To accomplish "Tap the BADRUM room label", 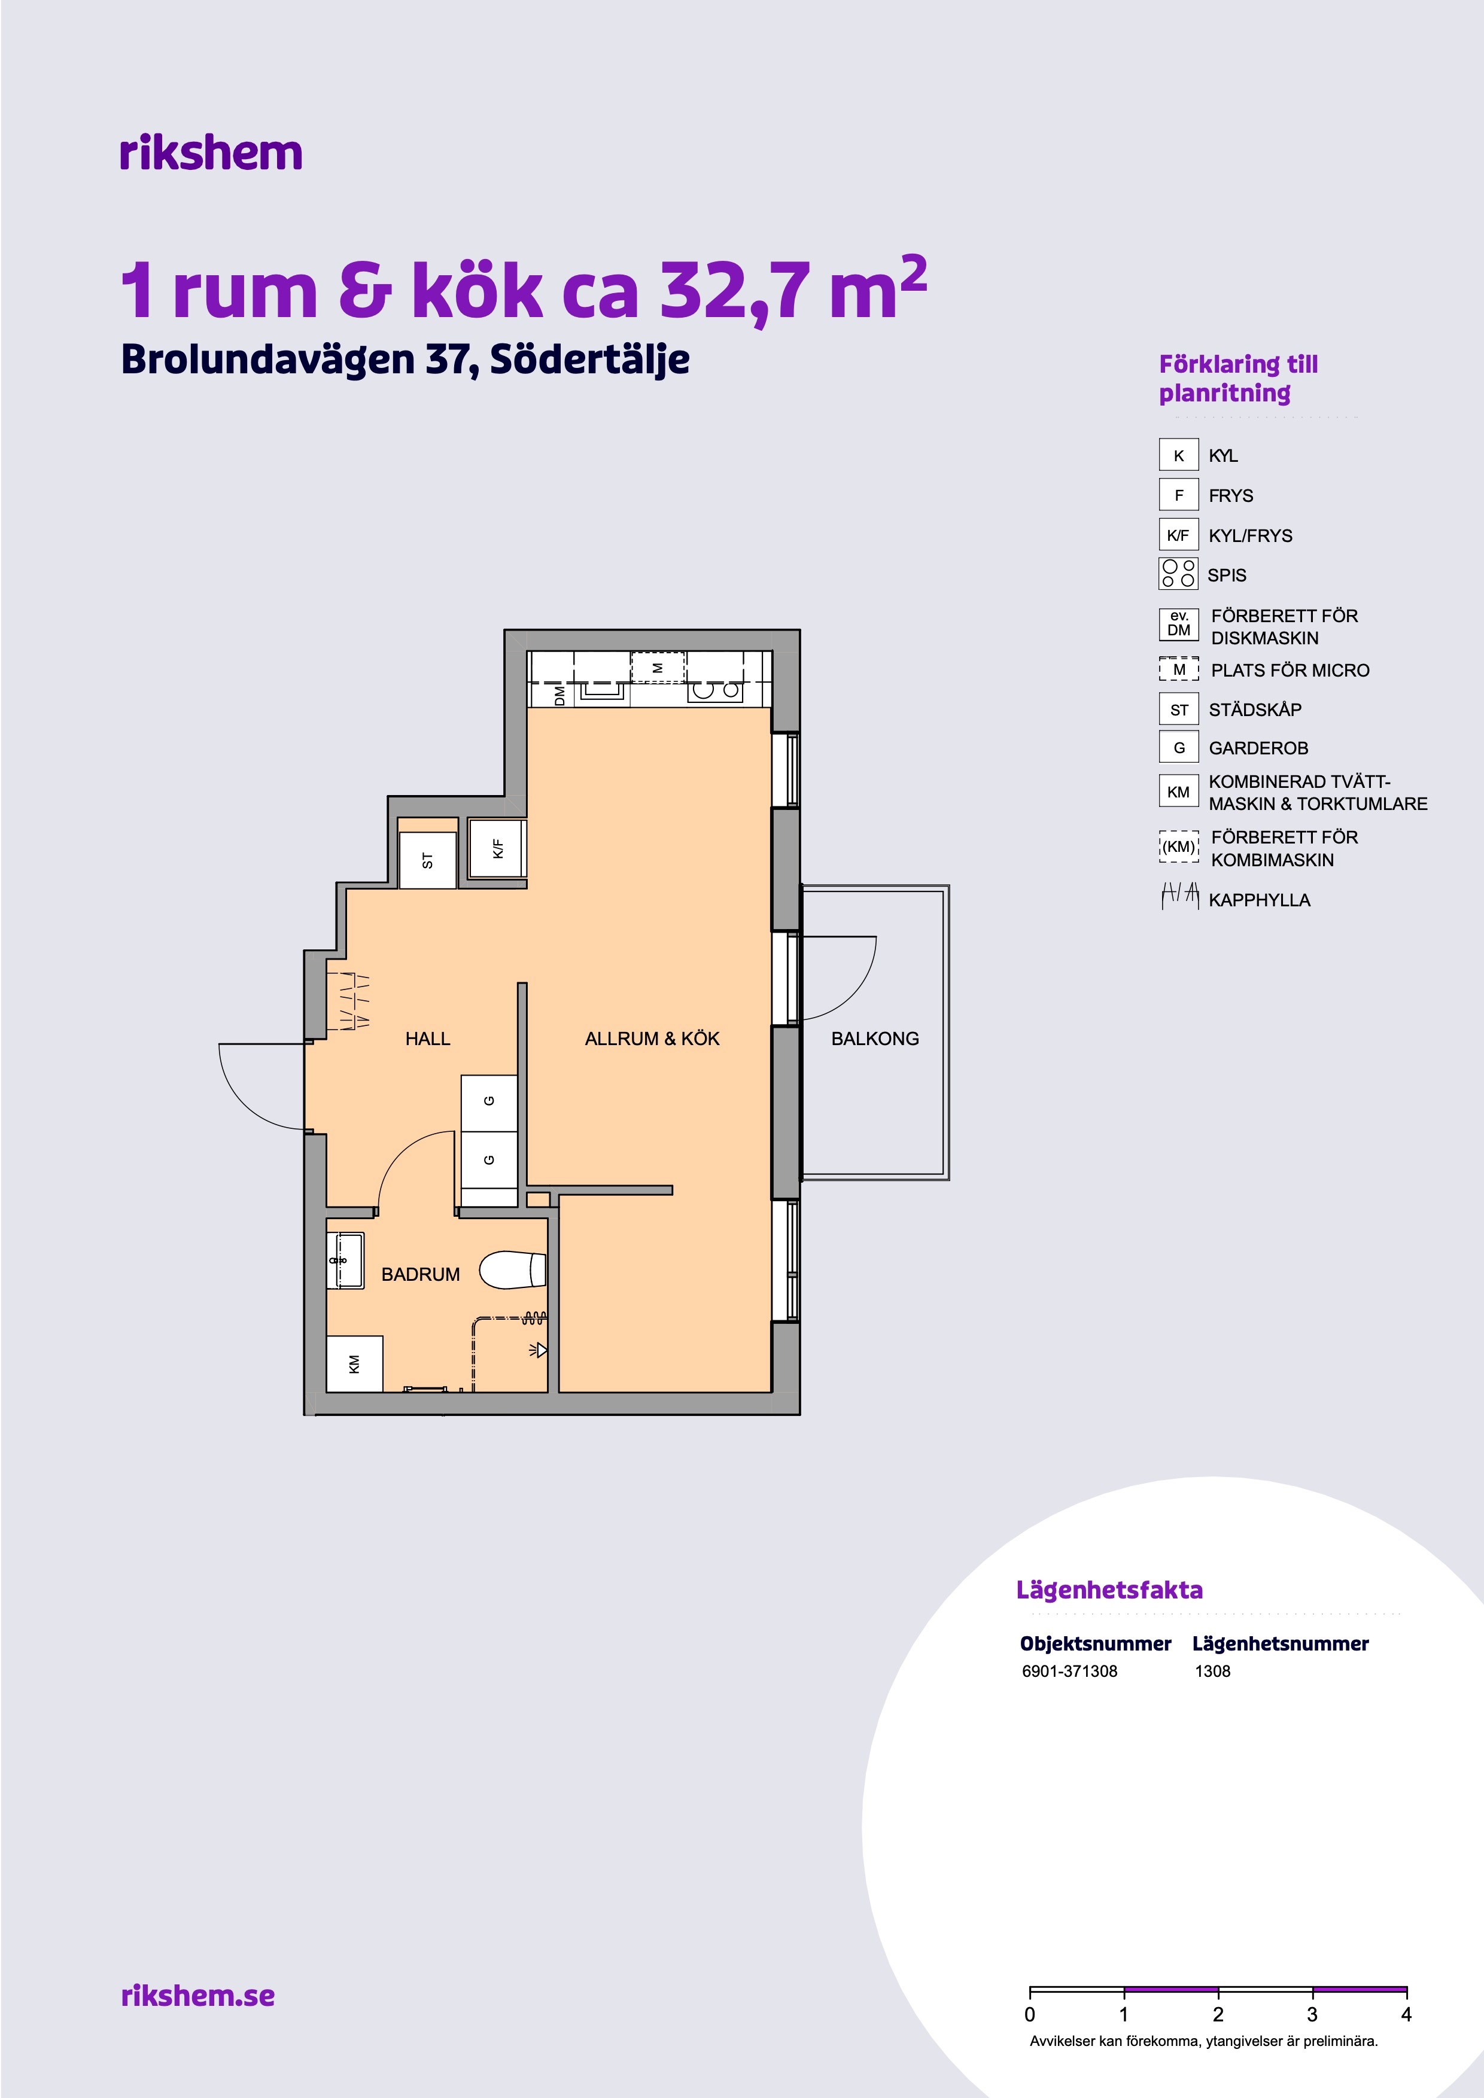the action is (x=420, y=1274).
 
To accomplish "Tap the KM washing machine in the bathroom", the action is (x=355, y=1363).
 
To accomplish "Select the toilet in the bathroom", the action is (x=513, y=1269).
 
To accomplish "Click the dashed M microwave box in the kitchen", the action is (x=658, y=667).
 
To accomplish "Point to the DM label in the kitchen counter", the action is (x=560, y=695).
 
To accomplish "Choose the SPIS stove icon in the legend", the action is (x=1178, y=573).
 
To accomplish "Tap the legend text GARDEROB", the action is (x=1258, y=748).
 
